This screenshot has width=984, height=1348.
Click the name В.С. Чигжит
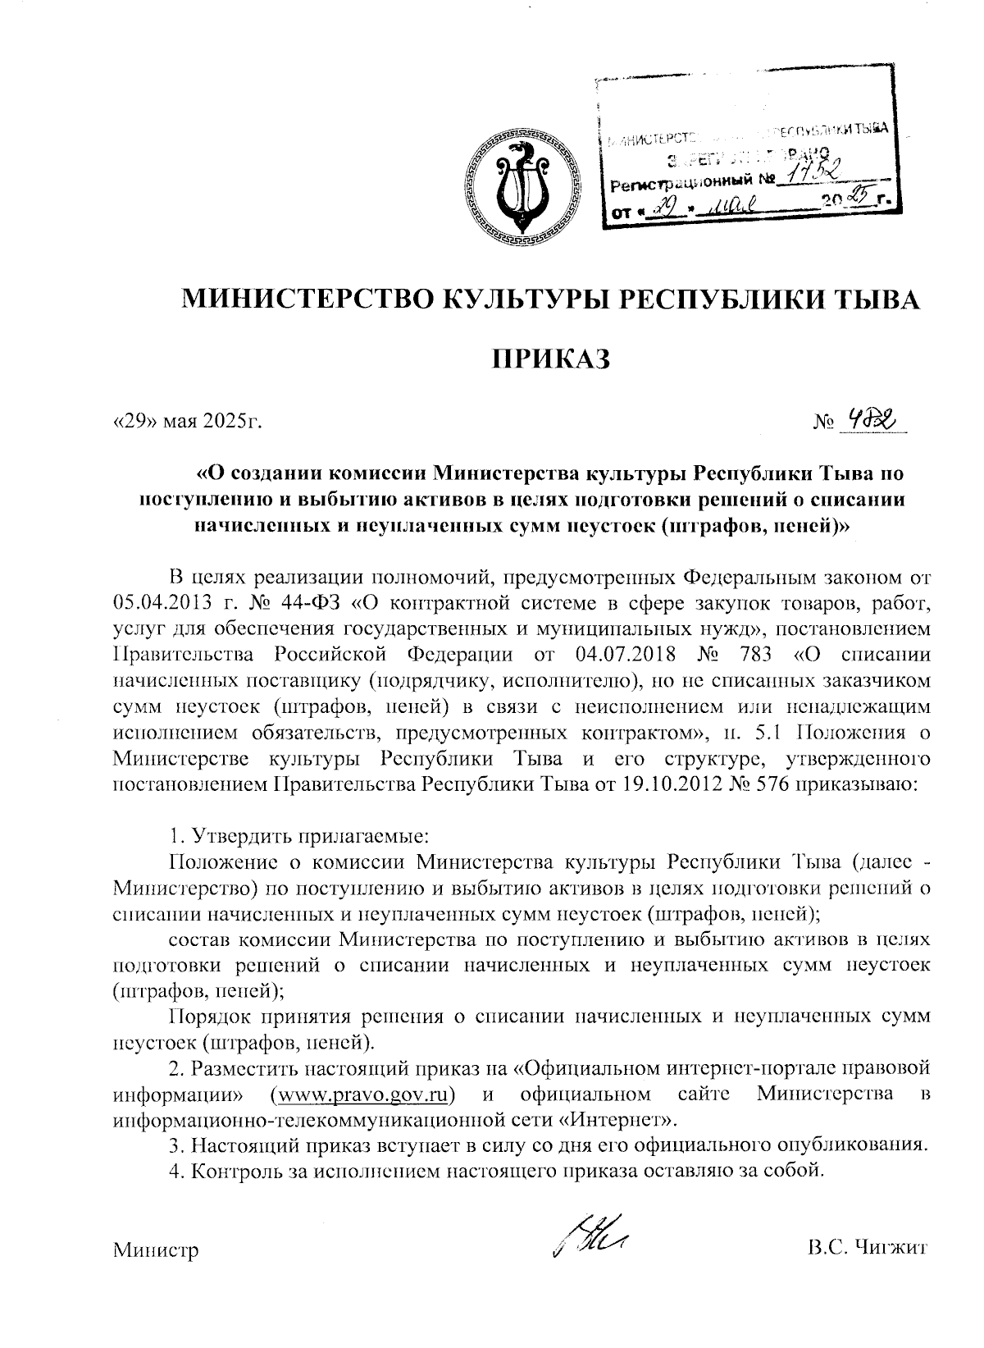coord(867,1250)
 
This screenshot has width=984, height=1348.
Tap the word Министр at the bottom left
coord(156,1251)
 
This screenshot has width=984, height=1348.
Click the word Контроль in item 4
coord(231,1170)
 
